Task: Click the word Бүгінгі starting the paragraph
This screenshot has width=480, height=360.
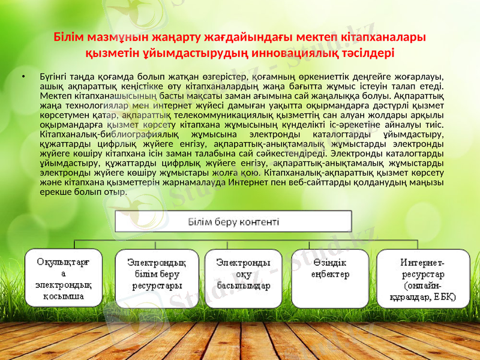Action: point(55,77)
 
